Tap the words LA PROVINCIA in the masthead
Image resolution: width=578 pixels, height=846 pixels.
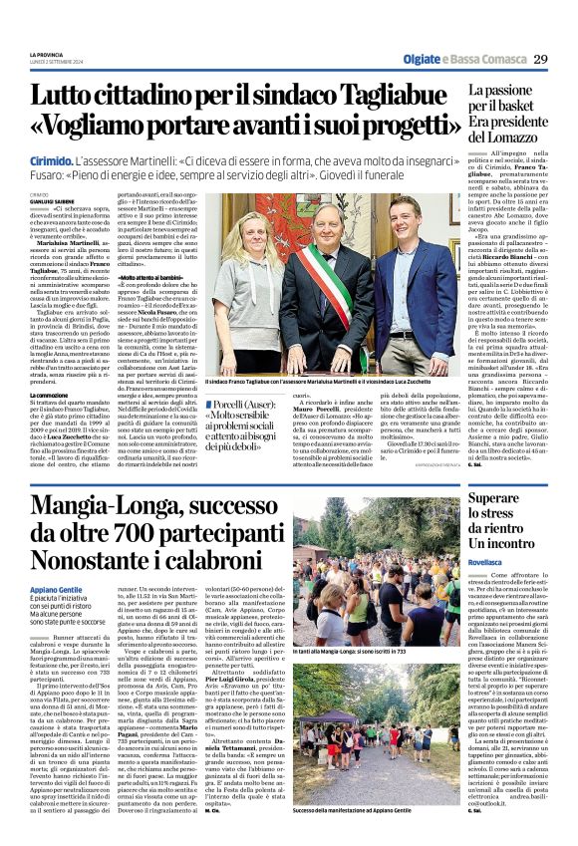[46, 54]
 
